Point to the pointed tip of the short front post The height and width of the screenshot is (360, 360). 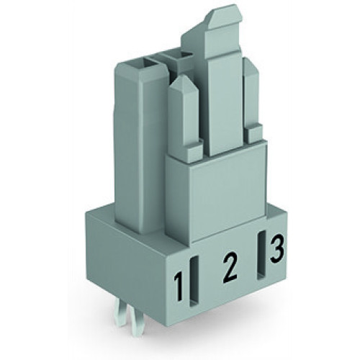[184, 86]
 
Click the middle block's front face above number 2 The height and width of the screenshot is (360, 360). [216, 194]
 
